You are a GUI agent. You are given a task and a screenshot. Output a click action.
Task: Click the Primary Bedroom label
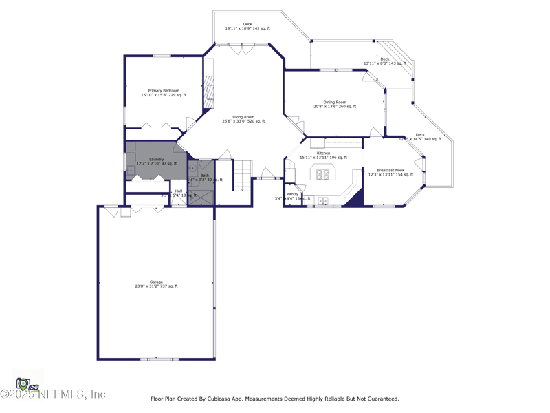tap(164, 91)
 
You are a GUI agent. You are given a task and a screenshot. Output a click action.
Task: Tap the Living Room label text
tap(243, 117)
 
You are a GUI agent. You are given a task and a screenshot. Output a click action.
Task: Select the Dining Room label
tap(335, 102)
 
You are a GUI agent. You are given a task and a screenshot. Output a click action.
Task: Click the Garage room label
tap(156, 282)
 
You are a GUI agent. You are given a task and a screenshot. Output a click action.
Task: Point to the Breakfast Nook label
tap(390, 170)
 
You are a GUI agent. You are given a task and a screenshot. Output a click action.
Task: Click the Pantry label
tap(292, 194)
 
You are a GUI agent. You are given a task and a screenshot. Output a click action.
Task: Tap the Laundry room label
tap(156, 159)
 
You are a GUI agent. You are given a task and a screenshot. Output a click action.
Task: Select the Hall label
tap(179, 191)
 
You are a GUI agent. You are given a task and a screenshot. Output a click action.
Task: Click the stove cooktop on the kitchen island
tap(323, 174)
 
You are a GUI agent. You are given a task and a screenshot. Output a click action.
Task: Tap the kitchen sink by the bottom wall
tap(322, 202)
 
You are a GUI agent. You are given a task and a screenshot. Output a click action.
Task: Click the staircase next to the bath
tap(242, 175)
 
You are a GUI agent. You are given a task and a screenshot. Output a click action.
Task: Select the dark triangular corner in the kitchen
tap(355, 199)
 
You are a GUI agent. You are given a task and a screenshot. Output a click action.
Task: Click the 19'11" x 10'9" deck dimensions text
tap(247, 29)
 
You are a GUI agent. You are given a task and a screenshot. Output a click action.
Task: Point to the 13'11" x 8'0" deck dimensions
tap(385, 64)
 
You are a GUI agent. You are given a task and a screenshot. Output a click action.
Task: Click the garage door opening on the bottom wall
tap(159, 359)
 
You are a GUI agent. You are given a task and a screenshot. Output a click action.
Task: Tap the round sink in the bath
tap(192, 167)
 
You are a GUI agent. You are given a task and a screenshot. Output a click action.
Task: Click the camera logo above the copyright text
tap(24, 383)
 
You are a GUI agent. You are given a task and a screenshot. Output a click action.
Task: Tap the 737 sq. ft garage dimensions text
tap(156, 286)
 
